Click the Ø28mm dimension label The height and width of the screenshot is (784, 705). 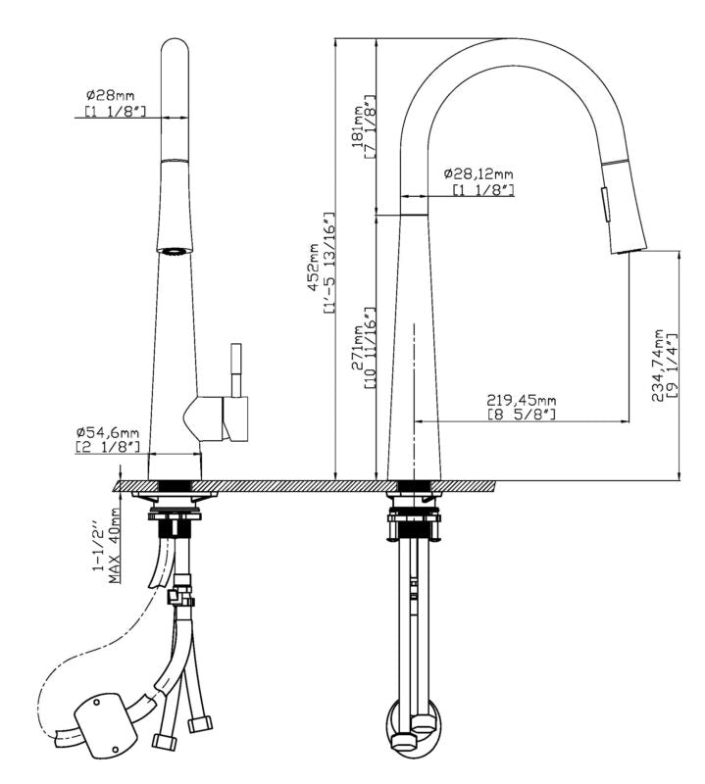[110, 94]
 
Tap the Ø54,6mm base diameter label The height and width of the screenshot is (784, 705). [108, 432]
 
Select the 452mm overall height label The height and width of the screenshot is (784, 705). [313, 267]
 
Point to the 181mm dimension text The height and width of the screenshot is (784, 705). [358, 126]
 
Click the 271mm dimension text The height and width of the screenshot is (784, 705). [358, 348]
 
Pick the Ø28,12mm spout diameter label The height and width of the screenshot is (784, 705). [478, 174]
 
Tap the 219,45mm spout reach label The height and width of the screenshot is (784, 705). [522, 400]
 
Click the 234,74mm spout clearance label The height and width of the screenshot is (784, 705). [657, 365]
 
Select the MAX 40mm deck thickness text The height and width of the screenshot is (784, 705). [116, 546]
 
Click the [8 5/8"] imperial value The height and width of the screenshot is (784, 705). [521, 414]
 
